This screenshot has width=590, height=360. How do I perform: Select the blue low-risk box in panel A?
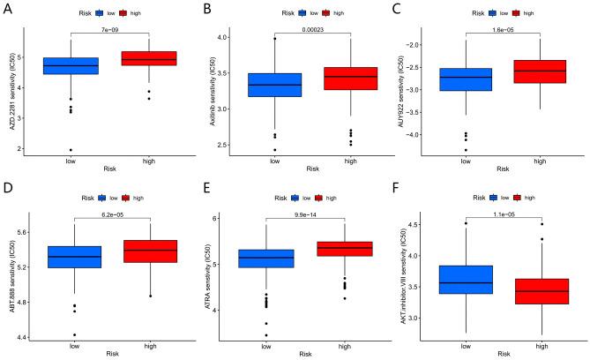71,66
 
